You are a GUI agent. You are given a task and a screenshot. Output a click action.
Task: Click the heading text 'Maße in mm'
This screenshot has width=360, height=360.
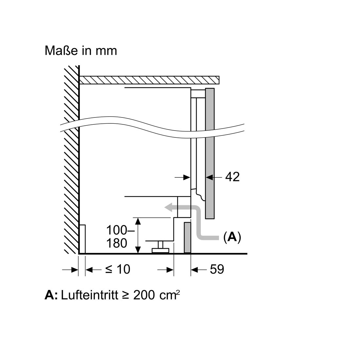pos(81,51)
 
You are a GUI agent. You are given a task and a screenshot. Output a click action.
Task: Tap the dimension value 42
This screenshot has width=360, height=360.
pos(232,177)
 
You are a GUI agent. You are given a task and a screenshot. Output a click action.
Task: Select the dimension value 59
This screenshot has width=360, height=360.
pos(217,269)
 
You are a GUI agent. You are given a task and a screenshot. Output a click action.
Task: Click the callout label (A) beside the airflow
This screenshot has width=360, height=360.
pos(232,237)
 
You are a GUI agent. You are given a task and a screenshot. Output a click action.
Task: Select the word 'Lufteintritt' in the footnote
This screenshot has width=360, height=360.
pos(90,295)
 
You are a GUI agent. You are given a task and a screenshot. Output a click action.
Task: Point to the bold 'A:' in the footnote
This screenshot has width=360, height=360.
pos(51,295)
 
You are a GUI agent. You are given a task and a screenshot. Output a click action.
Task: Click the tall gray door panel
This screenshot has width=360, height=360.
pos(210,153)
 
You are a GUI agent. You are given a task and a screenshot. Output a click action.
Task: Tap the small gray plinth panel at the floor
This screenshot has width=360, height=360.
pos(188,238)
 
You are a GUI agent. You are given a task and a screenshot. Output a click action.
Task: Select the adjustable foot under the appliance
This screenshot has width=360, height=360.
pos(160,247)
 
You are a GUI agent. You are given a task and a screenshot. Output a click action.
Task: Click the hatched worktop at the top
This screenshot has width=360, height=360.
pos(149,80)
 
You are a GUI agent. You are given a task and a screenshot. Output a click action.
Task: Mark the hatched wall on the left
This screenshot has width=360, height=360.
pos(71,160)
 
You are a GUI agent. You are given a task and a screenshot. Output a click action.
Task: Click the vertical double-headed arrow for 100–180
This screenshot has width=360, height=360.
pos(138,236)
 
